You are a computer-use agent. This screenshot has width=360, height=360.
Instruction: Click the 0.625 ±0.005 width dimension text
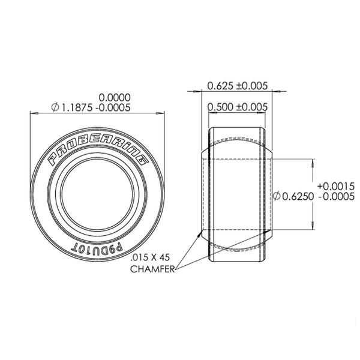pyautogui.click(x=237, y=85)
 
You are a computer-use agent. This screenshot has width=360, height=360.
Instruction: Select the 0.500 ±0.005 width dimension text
pyautogui.click(x=237, y=107)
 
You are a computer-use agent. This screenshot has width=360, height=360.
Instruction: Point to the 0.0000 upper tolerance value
pyautogui.click(x=114, y=97)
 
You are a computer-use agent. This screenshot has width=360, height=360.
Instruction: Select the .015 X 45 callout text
pyautogui.click(x=151, y=257)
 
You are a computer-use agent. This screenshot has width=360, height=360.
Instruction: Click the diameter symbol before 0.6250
pyautogui.click(x=277, y=196)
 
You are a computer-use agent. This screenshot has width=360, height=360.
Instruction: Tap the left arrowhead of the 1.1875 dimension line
pyautogui.click(x=32, y=112)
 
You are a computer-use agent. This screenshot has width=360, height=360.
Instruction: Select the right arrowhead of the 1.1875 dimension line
pyautogui.click(x=161, y=112)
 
